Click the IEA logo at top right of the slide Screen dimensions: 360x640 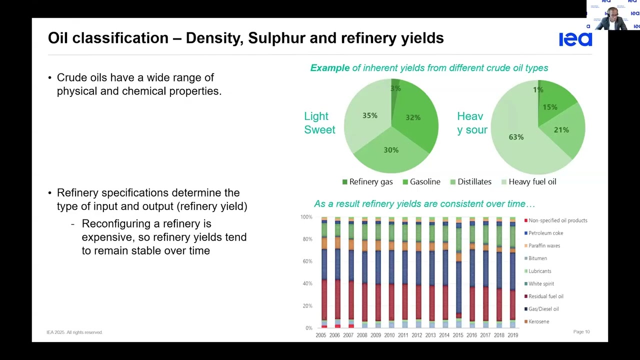tap(575, 39)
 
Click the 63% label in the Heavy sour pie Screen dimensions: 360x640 tap(516, 137)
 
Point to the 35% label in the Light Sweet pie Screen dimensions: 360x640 tap(369, 115)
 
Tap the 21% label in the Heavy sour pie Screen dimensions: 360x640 tap(561, 130)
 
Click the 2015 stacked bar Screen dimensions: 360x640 tap(458, 272)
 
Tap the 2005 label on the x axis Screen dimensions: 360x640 tap(321, 335)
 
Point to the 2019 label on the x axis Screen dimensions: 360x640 tap(512, 335)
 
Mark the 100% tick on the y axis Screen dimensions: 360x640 tap(306, 217)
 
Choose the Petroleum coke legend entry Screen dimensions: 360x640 tap(545, 233)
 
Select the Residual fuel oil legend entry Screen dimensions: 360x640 tap(545, 296)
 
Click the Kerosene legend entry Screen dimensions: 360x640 tap(538, 321)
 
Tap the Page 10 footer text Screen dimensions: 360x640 tap(581, 332)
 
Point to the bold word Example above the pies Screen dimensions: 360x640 tap(330, 68)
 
